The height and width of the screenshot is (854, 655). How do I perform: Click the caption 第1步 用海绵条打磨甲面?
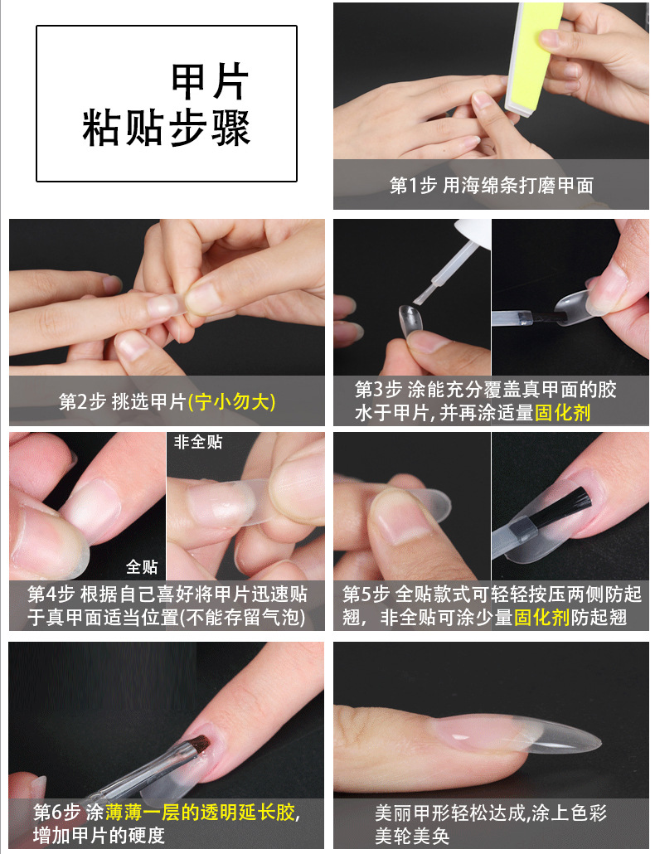click(x=491, y=186)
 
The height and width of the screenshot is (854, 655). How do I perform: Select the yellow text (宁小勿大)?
click(x=232, y=402)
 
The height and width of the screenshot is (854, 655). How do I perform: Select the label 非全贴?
click(x=198, y=443)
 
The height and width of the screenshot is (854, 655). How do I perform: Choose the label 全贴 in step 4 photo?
click(x=142, y=567)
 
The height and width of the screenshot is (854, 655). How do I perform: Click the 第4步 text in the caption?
click(x=51, y=594)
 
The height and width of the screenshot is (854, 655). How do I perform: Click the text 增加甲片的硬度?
click(x=99, y=835)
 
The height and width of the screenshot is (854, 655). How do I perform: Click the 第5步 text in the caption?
click(x=366, y=594)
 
